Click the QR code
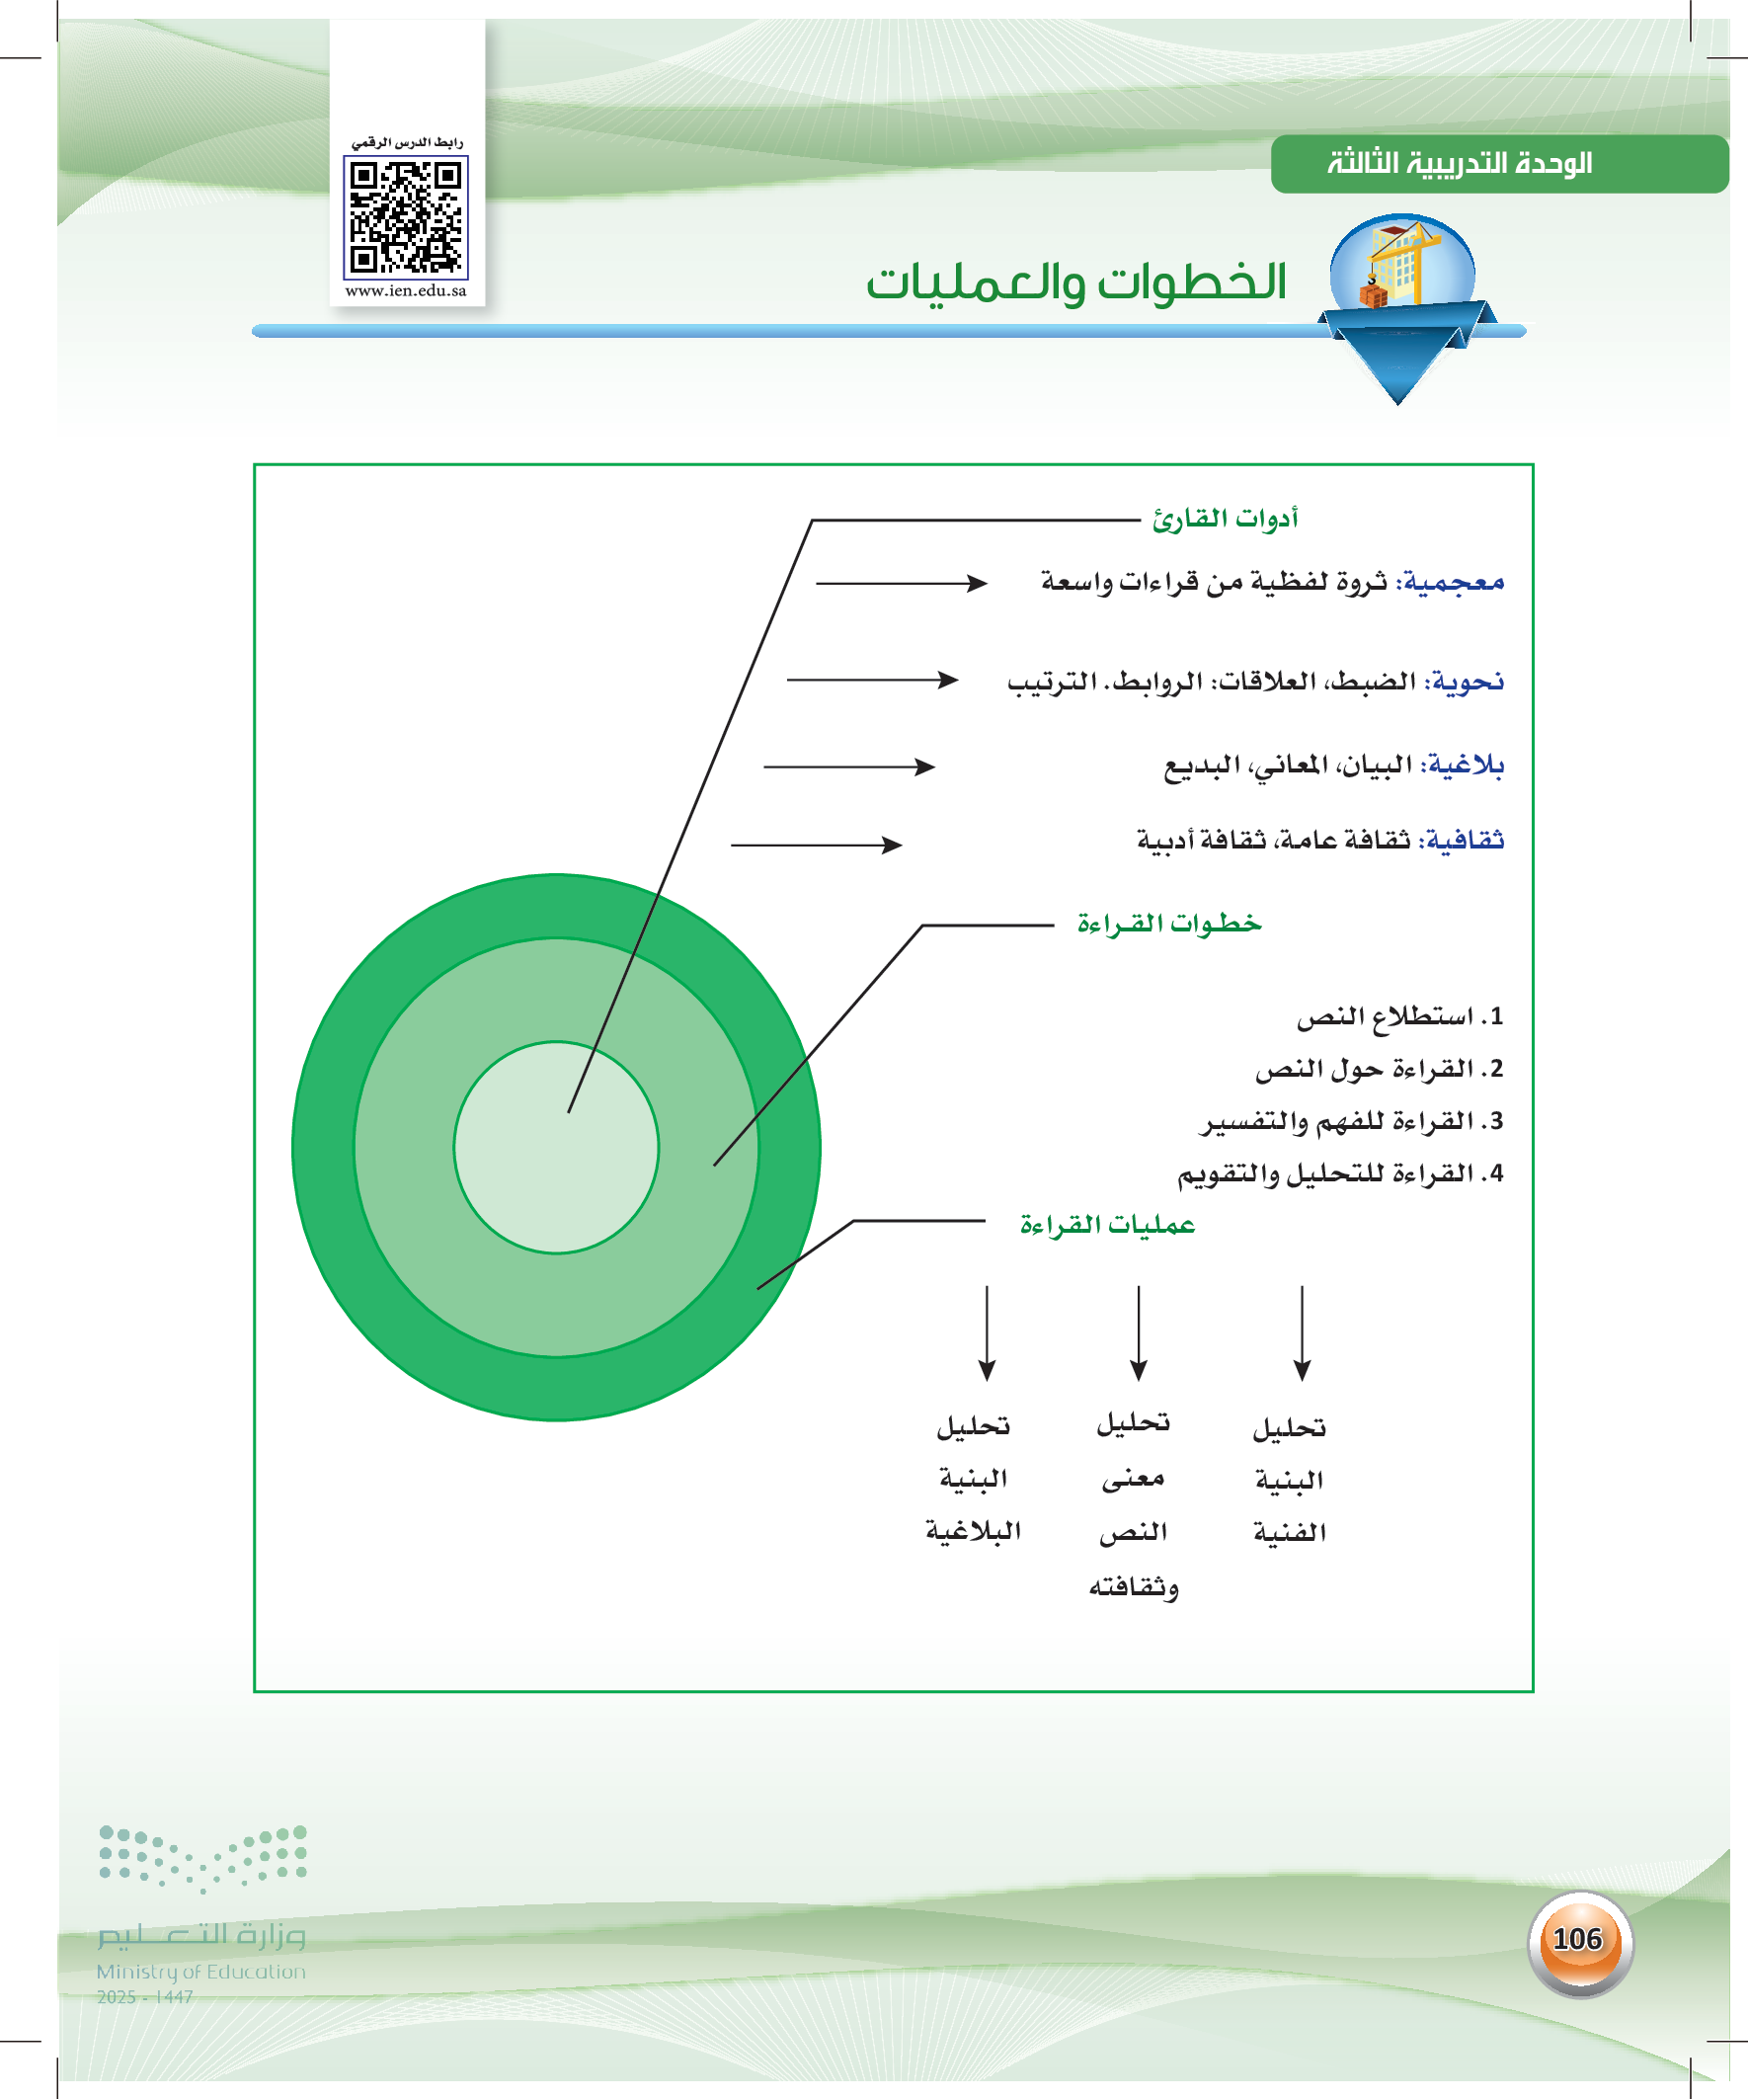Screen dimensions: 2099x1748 (406, 217)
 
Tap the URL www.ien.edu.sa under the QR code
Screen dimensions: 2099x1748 (406, 291)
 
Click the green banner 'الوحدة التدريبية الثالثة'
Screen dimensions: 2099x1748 (1460, 163)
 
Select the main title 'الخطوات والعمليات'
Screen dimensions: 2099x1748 (1075, 282)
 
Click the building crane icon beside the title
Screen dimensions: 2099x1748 (1401, 265)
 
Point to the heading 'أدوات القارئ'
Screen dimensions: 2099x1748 (1225, 519)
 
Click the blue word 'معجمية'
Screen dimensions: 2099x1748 (1454, 582)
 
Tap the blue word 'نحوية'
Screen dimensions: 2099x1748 (1468, 682)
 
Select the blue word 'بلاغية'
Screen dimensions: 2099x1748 (1466, 765)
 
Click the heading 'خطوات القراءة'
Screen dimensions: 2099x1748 (1169, 924)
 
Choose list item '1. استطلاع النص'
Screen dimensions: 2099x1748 (1399, 1017)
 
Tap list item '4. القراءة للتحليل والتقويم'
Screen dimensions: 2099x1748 (1340, 1173)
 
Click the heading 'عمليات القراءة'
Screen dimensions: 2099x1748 (1107, 1226)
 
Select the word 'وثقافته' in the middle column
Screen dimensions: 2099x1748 (1134, 1587)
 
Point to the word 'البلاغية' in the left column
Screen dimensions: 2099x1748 (974, 1531)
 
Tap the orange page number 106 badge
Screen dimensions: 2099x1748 (1578, 1940)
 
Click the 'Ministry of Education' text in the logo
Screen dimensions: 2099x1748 (200, 1972)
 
